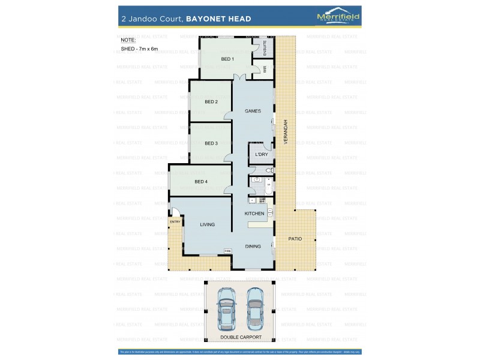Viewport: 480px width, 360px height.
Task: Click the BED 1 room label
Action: coord(227,59)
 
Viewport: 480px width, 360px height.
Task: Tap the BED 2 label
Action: coord(211,102)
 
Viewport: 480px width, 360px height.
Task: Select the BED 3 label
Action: coord(211,143)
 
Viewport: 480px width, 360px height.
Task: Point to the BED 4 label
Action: coord(201,182)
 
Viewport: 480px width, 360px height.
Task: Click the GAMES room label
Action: coord(253,111)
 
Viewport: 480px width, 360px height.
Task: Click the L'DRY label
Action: coord(262,155)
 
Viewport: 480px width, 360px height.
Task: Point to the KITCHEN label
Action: coord(254,214)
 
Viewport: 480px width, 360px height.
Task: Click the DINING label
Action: coord(253,246)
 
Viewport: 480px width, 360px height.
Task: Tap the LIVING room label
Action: coord(208,224)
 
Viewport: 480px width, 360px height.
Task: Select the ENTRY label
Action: coord(175,222)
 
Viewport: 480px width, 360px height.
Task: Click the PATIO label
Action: coord(295,239)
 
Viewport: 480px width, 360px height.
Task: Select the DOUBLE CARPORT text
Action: coord(240,338)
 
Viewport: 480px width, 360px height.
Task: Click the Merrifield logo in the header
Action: coord(338,18)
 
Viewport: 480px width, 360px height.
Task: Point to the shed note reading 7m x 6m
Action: coord(139,48)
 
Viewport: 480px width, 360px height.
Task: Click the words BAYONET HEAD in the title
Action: coord(218,19)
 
